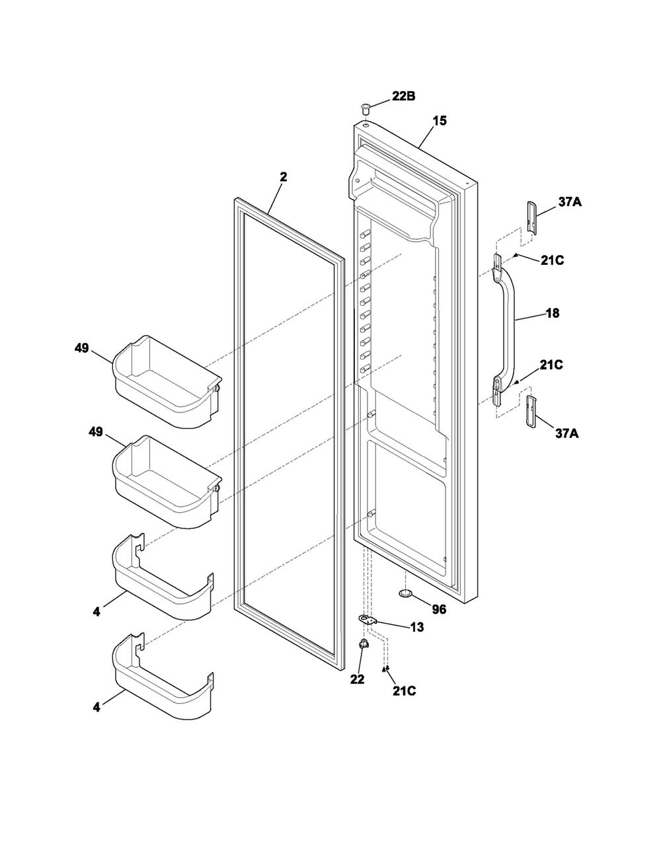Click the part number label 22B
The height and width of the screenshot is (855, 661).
click(403, 96)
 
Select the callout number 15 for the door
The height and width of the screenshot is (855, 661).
click(440, 121)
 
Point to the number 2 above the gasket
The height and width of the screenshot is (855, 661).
click(284, 177)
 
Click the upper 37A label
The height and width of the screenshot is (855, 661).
click(570, 202)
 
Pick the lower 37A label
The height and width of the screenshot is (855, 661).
click(567, 433)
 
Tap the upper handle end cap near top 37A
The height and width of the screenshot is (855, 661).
click(531, 217)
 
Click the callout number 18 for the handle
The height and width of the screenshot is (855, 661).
click(553, 313)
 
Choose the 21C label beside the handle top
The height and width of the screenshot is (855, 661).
click(552, 260)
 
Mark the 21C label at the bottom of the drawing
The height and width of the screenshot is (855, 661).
click(404, 691)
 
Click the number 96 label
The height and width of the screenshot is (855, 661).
click(439, 609)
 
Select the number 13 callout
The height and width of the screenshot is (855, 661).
click(417, 627)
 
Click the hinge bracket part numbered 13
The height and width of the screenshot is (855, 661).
click(368, 620)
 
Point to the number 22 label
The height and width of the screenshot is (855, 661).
click(357, 679)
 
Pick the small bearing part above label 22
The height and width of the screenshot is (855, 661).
click(363, 644)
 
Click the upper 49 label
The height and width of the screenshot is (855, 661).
click(82, 348)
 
